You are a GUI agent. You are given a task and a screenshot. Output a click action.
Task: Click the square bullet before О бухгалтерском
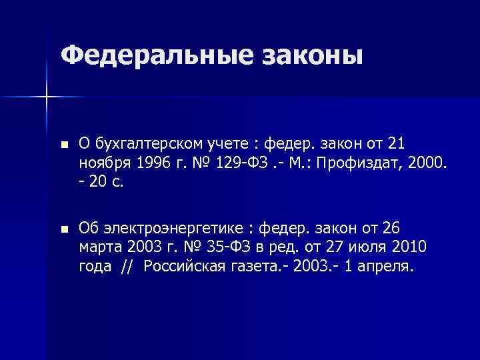[x=63, y=145]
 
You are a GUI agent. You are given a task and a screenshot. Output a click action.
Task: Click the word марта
[x=98, y=247]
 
